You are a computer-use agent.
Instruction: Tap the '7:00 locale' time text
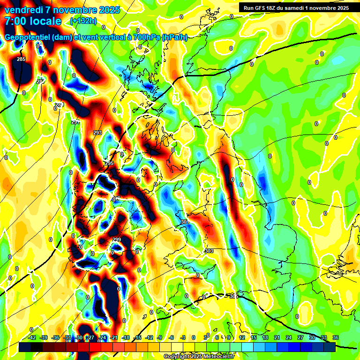point(33,21)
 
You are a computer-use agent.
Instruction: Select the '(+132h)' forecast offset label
point(84,21)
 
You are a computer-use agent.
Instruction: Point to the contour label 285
point(21,59)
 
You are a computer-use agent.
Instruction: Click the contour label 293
point(97,133)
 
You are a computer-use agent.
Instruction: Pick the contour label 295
point(109,163)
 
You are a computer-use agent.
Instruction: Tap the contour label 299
point(117,240)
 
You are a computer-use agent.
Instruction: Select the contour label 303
point(209,251)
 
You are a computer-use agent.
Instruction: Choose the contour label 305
point(234,296)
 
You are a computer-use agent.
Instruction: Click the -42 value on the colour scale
point(32,337)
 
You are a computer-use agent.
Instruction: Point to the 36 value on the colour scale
point(335,337)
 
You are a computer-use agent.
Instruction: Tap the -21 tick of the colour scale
point(114,337)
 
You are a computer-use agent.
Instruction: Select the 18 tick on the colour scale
point(265,337)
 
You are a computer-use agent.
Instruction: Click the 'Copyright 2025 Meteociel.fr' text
point(199,356)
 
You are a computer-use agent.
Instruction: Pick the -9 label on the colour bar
point(160,337)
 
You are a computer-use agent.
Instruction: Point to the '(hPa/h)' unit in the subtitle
point(175,38)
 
